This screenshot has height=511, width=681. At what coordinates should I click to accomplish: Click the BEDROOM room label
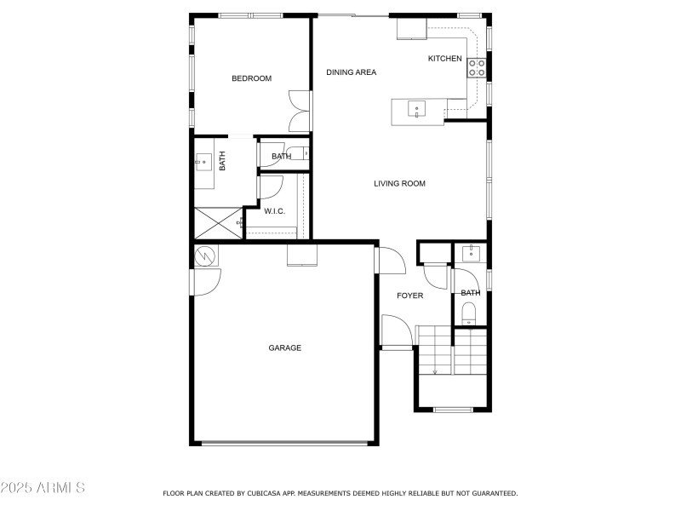click(x=251, y=79)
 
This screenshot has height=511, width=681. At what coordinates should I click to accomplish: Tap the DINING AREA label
click(x=351, y=72)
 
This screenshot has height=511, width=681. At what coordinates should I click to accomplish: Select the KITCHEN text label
click(x=444, y=59)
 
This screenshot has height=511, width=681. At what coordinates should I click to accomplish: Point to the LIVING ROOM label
click(x=399, y=183)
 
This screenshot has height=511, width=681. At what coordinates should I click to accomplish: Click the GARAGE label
click(x=285, y=347)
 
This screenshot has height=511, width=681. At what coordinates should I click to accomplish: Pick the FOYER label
click(x=410, y=296)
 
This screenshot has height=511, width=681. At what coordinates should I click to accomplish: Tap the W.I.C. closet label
click(x=274, y=211)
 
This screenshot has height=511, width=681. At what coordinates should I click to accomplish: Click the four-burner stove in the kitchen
click(x=476, y=67)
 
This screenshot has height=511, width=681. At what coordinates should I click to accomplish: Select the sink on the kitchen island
click(x=417, y=107)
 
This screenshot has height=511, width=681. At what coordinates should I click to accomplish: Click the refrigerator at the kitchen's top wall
click(x=412, y=29)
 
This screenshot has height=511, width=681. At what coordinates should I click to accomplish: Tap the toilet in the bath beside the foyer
click(x=469, y=315)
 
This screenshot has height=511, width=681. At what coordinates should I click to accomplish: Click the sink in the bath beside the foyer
click(x=470, y=253)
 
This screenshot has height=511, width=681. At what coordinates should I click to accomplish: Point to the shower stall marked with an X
click(x=219, y=222)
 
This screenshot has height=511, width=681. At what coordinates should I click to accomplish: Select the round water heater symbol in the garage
click(x=205, y=255)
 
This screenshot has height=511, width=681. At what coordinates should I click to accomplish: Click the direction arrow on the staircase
click(x=435, y=370)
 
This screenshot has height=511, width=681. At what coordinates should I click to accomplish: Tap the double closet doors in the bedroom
click(x=300, y=111)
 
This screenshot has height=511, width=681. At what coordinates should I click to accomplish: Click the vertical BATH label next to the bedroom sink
click(x=222, y=160)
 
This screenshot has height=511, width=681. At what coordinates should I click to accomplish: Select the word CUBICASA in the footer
click(x=272, y=493)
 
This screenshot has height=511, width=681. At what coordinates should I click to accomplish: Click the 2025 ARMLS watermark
click(x=43, y=488)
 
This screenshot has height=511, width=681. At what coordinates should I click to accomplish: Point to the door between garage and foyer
click(x=389, y=260)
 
